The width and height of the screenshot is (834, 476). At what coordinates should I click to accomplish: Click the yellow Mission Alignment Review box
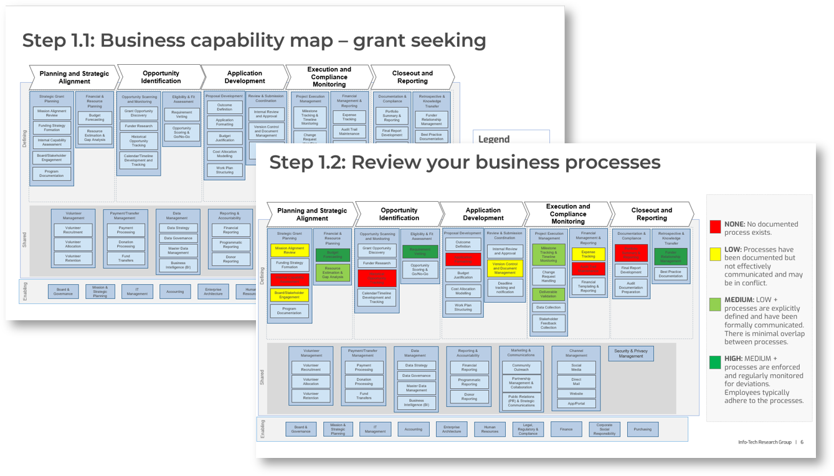point(290,250)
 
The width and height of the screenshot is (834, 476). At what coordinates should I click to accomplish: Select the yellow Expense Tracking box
point(588,254)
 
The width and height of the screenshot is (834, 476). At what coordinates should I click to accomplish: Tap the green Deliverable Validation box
point(548,294)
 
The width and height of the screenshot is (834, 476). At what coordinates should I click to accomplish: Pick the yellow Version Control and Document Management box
point(505,269)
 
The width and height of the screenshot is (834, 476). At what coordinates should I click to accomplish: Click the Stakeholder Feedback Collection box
point(548,323)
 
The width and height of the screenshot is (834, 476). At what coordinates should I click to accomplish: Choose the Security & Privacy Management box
point(631,353)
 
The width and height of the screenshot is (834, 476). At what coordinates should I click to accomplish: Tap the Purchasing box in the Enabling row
point(642,429)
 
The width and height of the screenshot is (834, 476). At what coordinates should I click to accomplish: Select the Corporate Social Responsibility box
point(604,429)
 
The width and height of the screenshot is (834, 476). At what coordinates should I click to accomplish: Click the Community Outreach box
point(521,367)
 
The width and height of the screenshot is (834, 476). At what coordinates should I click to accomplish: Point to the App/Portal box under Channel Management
point(576,404)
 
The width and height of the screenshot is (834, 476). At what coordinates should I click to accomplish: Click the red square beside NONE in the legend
point(715,226)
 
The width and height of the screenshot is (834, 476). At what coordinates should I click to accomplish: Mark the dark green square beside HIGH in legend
point(715,362)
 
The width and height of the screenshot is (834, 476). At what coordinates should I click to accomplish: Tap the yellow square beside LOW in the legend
point(715,252)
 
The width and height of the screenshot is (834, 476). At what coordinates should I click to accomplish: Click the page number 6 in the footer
point(802,442)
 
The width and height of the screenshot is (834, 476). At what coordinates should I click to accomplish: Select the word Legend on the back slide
point(493,140)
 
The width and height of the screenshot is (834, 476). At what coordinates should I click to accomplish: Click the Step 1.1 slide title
point(254,40)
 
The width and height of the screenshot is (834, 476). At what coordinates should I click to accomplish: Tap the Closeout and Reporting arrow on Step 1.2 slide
point(652,214)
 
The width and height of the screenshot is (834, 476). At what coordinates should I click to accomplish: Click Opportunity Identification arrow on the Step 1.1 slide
point(161,77)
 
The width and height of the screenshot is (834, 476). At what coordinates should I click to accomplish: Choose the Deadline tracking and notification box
point(505,287)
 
